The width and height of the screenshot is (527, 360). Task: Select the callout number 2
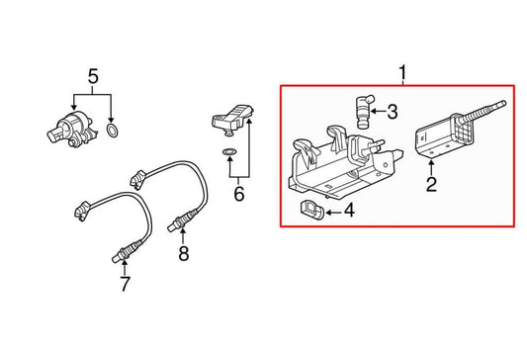(x=431, y=184)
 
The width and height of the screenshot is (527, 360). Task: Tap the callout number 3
(x=392, y=113)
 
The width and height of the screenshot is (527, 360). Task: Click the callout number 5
(x=93, y=76)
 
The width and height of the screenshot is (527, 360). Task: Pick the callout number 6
(x=237, y=194)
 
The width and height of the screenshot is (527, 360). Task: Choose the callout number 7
(x=125, y=287)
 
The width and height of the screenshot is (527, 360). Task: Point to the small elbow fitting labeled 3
(x=360, y=108)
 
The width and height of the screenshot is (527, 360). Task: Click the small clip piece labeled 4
(x=308, y=208)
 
